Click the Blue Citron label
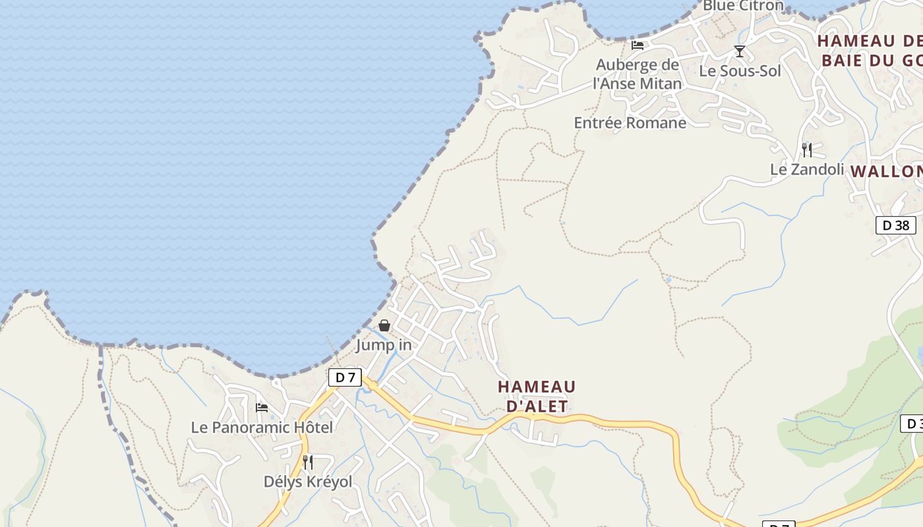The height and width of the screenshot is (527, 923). pos(743,6)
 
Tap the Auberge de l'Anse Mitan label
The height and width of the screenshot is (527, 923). pos(637,74)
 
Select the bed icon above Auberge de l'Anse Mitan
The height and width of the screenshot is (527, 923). pos(638,45)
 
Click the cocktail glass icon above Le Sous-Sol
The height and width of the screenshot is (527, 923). pos(740,51)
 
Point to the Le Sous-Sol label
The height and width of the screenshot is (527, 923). pos(740,70)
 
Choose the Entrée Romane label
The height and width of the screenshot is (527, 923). pos(630,123)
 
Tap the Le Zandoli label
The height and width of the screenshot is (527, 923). pos(807,169)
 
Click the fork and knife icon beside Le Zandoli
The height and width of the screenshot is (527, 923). pos(807,150)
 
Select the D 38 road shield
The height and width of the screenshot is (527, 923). pos(895,225)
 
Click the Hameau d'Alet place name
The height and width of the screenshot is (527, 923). pos(537,396)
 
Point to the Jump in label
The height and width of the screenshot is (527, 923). pos(384,345)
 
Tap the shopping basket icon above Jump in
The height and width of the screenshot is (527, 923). pos(384,325)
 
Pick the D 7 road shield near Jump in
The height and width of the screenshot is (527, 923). pos(345,377)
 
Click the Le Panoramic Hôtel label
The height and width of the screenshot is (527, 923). pos(262,427)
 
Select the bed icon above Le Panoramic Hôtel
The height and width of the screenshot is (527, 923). pos(262,408)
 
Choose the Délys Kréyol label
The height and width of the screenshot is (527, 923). pos(308,482)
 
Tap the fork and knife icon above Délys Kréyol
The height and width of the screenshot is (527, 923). pos(308,462)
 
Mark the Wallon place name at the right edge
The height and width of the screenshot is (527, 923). pos(887,172)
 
